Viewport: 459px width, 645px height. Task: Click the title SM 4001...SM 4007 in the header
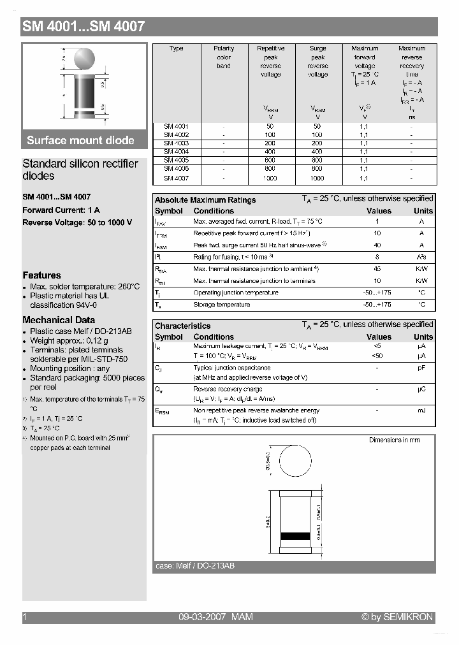tap(84, 27)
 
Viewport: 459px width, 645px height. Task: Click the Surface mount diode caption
tap(80, 140)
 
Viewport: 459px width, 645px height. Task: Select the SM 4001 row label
tap(176, 126)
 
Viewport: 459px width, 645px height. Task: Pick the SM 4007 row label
tap(176, 179)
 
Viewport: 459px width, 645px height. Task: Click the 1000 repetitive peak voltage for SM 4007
tap(270, 179)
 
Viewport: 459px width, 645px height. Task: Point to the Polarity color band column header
tap(224, 57)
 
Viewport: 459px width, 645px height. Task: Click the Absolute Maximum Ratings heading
tap(205, 200)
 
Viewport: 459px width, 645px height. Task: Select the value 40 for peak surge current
tap(377, 245)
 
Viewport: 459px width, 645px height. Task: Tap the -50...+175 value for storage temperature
tap(377, 305)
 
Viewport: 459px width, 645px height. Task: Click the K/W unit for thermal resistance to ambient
tap(421, 269)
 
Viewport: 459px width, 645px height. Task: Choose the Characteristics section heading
tap(182, 326)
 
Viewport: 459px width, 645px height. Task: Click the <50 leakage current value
tap(377, 355)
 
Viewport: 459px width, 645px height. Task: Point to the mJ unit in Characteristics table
tap(421, 410)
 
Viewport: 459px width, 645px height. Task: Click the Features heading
tap(41, 275)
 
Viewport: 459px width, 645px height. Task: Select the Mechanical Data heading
tap(59, 320)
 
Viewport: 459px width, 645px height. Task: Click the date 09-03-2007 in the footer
tap(202, 617)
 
